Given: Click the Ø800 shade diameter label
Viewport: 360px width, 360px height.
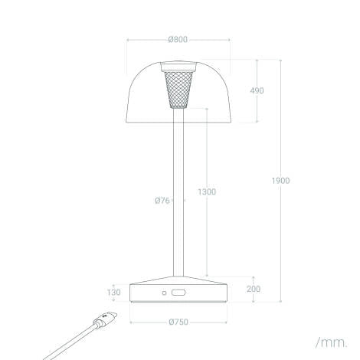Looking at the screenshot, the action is pos(178,40).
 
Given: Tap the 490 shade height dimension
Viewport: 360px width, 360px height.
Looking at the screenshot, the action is pos(257,90).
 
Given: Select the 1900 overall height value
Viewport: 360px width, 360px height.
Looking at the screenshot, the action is pos(280,181).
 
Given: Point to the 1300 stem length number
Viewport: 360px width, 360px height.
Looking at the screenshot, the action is pos(207,191).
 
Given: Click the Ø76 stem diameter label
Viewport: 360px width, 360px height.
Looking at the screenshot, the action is pos(162,201).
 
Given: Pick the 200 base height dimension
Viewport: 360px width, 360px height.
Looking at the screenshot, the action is pos(254,289).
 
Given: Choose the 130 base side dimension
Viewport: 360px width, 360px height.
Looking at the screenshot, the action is pos(113,293).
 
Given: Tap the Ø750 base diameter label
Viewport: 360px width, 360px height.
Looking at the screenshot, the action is pos(178,322).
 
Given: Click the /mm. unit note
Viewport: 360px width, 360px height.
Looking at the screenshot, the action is pos(332,342).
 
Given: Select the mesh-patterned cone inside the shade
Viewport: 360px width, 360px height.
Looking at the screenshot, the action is pos(178,90).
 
